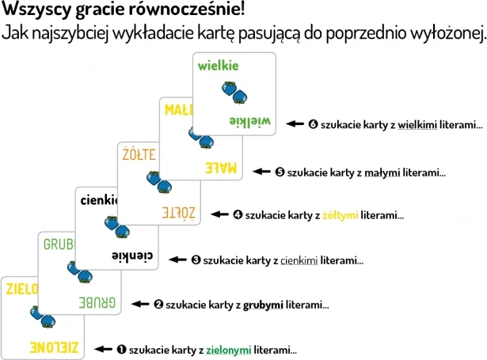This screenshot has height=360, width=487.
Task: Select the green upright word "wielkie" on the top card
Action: pyautogui.click(x=219, y=66)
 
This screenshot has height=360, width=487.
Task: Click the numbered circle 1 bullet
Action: pyautogui.click(x=121, y=348)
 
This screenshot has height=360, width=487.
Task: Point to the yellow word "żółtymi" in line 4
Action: pyautogui.click(x=339, y=214)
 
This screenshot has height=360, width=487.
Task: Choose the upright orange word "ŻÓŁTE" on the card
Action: pyautogui.click(x=138, y=153)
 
